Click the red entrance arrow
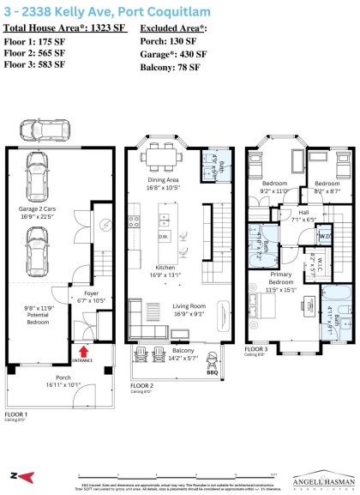pyautogui.click(x=83, y=350)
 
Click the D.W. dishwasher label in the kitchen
pyautogui.click(x=163, y=235)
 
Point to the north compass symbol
pyautogui.click(x=18, y=474)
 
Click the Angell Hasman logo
pyautogui.click(x=321, y=478)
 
